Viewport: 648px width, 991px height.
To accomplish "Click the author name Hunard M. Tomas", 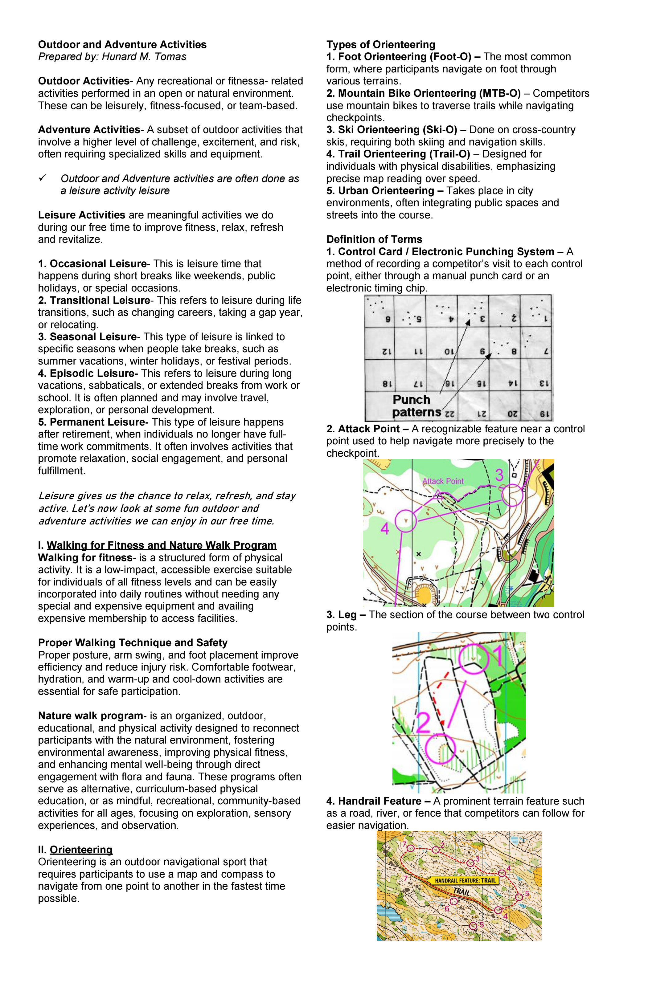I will point(144,57).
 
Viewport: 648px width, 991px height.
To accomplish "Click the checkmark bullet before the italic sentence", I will point(42,178).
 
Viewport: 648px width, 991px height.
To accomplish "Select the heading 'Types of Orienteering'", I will point(381,45).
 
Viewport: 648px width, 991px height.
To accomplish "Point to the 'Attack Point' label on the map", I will point(443,481).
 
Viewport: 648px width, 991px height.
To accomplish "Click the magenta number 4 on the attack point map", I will point(385,529).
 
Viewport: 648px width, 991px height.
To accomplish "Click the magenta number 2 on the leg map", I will point(423,723).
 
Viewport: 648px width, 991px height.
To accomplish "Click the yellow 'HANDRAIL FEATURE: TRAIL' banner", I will point(465,881).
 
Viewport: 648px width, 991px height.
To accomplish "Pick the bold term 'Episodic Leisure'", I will point(94,373).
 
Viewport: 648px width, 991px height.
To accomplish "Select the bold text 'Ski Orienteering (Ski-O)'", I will point(397,130).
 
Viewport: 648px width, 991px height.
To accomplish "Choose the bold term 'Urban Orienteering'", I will point(386,191).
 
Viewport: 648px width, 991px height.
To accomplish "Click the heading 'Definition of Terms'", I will point(374,239).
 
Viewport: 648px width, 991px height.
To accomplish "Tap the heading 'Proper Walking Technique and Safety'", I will point(133,643).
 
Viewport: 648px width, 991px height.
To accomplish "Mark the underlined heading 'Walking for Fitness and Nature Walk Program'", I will point(162,545).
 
